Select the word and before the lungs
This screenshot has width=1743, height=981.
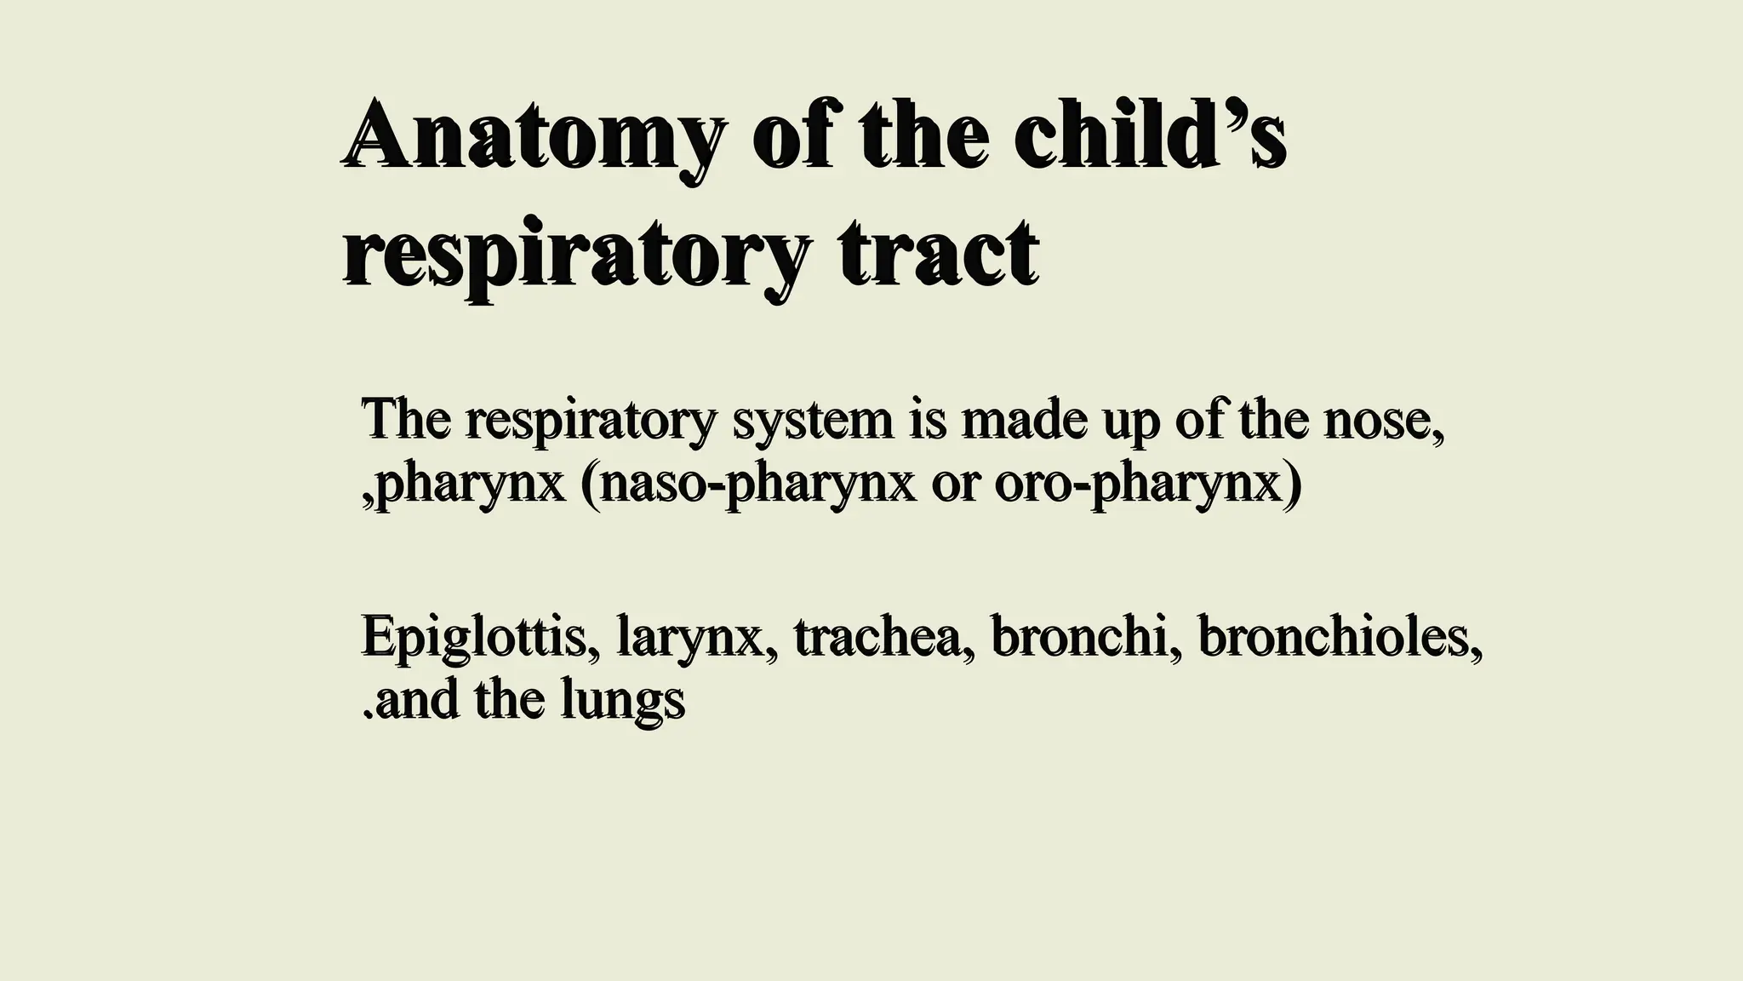416,701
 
